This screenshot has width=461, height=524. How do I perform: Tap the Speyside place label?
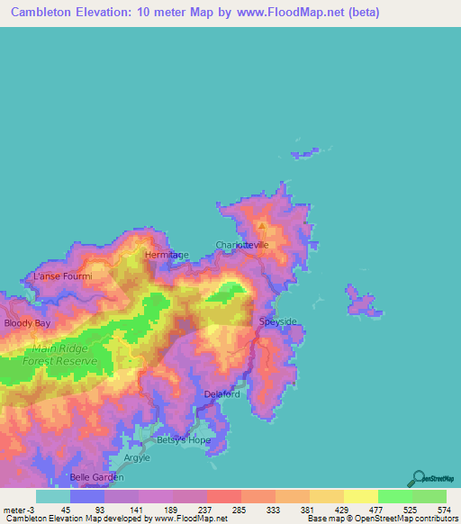pos(276,321)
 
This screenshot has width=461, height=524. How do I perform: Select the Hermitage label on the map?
pos(167,255)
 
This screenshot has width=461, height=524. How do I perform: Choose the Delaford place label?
pos(221,393)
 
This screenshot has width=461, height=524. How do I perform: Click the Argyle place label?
pos(137,458)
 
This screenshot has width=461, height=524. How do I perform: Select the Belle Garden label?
pos(96,477)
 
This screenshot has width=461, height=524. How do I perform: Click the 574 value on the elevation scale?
pos(443,510)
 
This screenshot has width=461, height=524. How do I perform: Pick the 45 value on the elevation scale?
pos(53,510)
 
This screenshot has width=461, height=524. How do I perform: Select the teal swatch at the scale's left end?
pos(52,496)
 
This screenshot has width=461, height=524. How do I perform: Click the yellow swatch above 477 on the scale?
pos(360,496)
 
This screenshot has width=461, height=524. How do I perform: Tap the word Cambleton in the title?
pos(42,13)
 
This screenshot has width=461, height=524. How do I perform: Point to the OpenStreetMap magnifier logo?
pos(418,478)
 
